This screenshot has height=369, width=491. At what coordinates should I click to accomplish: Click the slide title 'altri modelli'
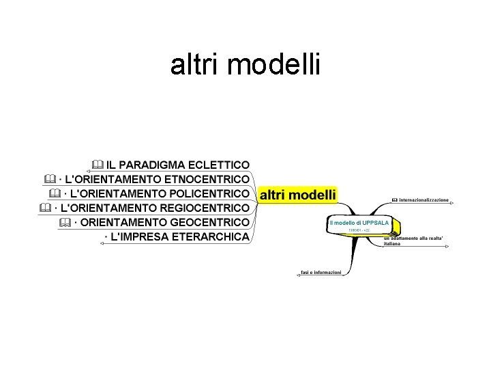245,66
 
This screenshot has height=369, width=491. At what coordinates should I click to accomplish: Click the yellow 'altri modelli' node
298,195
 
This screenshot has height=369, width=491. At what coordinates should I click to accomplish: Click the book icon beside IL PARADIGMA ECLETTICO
96,165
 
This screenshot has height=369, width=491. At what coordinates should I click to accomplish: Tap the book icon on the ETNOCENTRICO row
48,179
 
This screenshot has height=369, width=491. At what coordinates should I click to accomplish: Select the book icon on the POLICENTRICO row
55,193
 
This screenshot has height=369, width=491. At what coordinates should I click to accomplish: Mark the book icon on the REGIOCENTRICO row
45,208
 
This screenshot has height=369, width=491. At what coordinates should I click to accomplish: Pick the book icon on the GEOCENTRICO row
65,222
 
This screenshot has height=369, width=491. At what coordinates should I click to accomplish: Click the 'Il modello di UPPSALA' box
359,223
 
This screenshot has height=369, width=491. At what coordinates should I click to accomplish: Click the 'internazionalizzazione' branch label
424,200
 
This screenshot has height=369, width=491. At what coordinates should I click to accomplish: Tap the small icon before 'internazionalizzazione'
394,200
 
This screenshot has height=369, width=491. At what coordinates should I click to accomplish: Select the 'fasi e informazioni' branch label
321,273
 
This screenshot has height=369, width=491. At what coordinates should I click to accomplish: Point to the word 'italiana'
392,243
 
